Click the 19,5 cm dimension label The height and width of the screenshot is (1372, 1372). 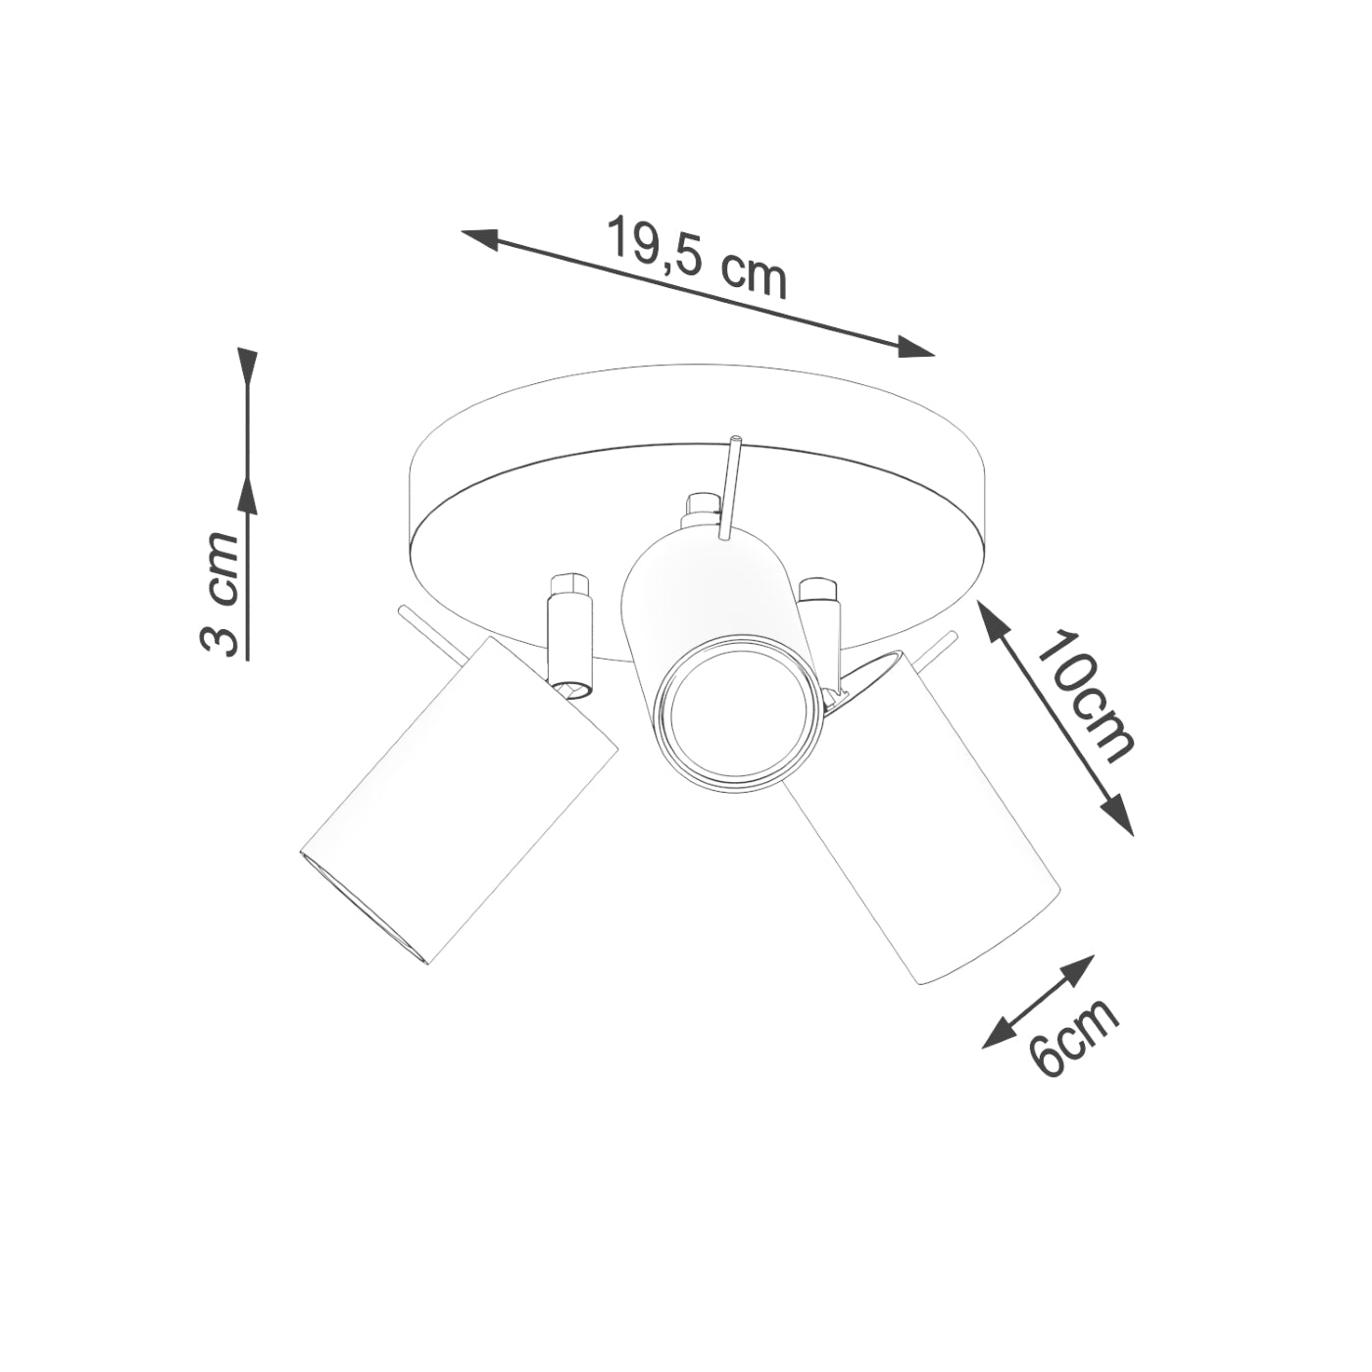click(x=697, y=257)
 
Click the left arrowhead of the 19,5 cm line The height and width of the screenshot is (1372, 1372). click(x=480, y=237)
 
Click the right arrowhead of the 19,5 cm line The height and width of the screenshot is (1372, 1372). click(x=916, y=347)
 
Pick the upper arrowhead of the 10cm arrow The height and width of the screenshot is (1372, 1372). click(x=991, y=619)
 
